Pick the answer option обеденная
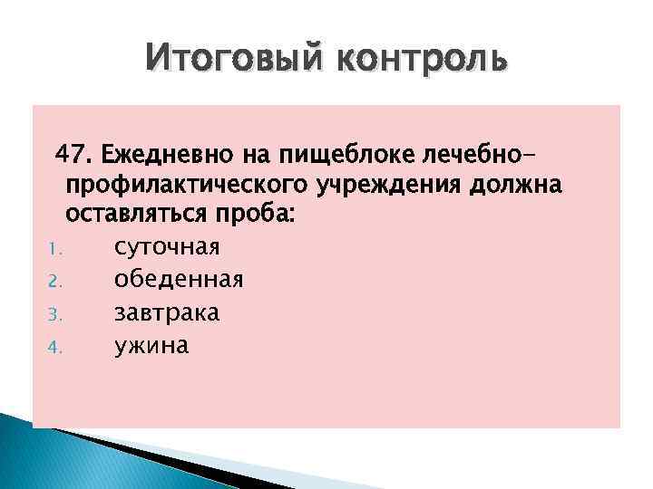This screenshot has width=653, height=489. [x=178, y=280]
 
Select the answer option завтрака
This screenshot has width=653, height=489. [x=167, y=312]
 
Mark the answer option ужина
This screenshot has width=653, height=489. [x=151, y=345]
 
